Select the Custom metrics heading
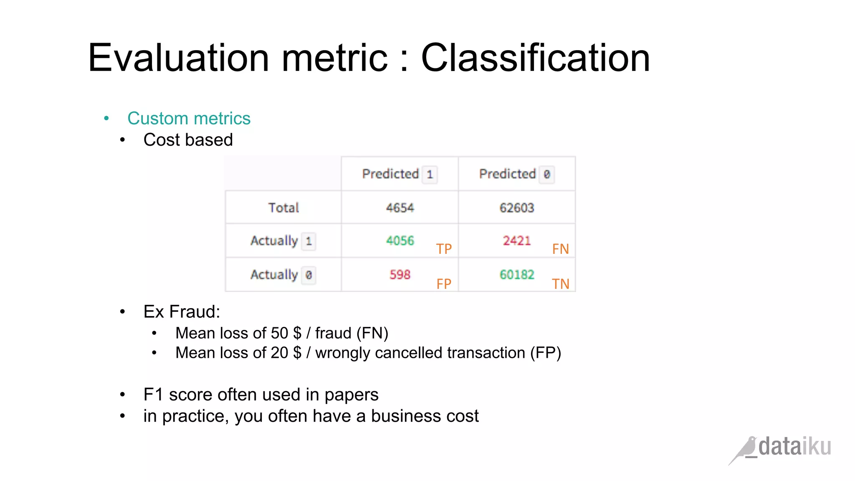point(189,119)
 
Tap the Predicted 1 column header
point(399,174)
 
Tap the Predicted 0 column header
point(516,174)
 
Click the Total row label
point(283,208)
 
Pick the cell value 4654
point(400,208)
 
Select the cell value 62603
point(516,208)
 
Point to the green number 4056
point(400,240)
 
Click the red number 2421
point(516,240)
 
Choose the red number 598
point(400,274)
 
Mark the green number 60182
point(516,274)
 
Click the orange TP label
point(444,249)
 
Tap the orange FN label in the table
point(560,249)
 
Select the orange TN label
point(560,284)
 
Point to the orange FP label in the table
point(444,284)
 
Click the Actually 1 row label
point(283,241)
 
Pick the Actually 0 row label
point(283,275)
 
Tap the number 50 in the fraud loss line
point(279,333)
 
